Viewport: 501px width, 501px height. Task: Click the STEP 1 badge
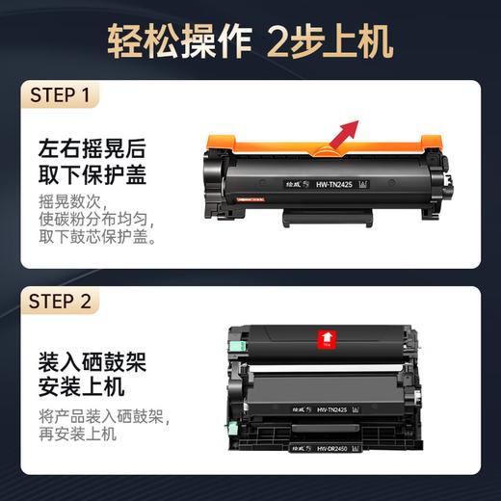[x=60, y=95]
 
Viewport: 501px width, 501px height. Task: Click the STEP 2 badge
[x=61, y=302]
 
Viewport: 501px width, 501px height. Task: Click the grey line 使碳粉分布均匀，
[x=96, y=222]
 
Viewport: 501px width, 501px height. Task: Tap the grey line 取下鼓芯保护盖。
[x=96, y=239]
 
